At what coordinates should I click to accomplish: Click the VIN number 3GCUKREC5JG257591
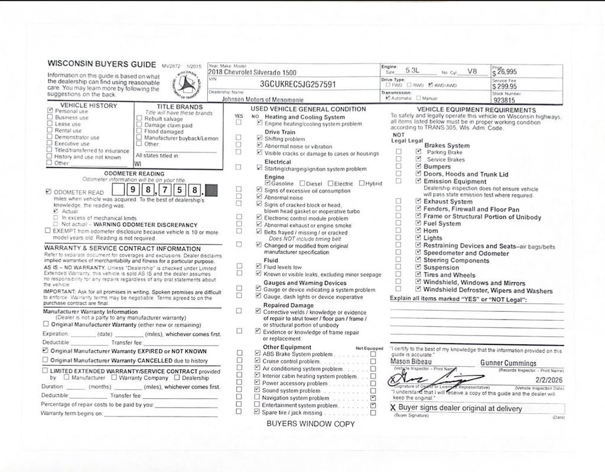point(298,84)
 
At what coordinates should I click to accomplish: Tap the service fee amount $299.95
point(505,86)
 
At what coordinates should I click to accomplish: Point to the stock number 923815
point(504,100)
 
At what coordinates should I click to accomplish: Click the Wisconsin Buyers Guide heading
point(102,64)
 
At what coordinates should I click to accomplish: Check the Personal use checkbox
point(50,110)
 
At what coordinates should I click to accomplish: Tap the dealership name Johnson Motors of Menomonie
point(263,100)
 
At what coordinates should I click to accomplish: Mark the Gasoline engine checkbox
point(268,183)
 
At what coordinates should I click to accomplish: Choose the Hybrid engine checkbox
point(362,183)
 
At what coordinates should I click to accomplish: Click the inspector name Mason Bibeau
point(411,362)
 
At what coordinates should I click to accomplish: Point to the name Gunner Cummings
point(508,363)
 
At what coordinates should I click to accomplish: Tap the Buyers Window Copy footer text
point(310,424)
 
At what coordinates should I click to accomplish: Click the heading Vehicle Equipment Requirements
point(476,109)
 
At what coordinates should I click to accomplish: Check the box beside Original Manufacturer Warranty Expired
point(46,350)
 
